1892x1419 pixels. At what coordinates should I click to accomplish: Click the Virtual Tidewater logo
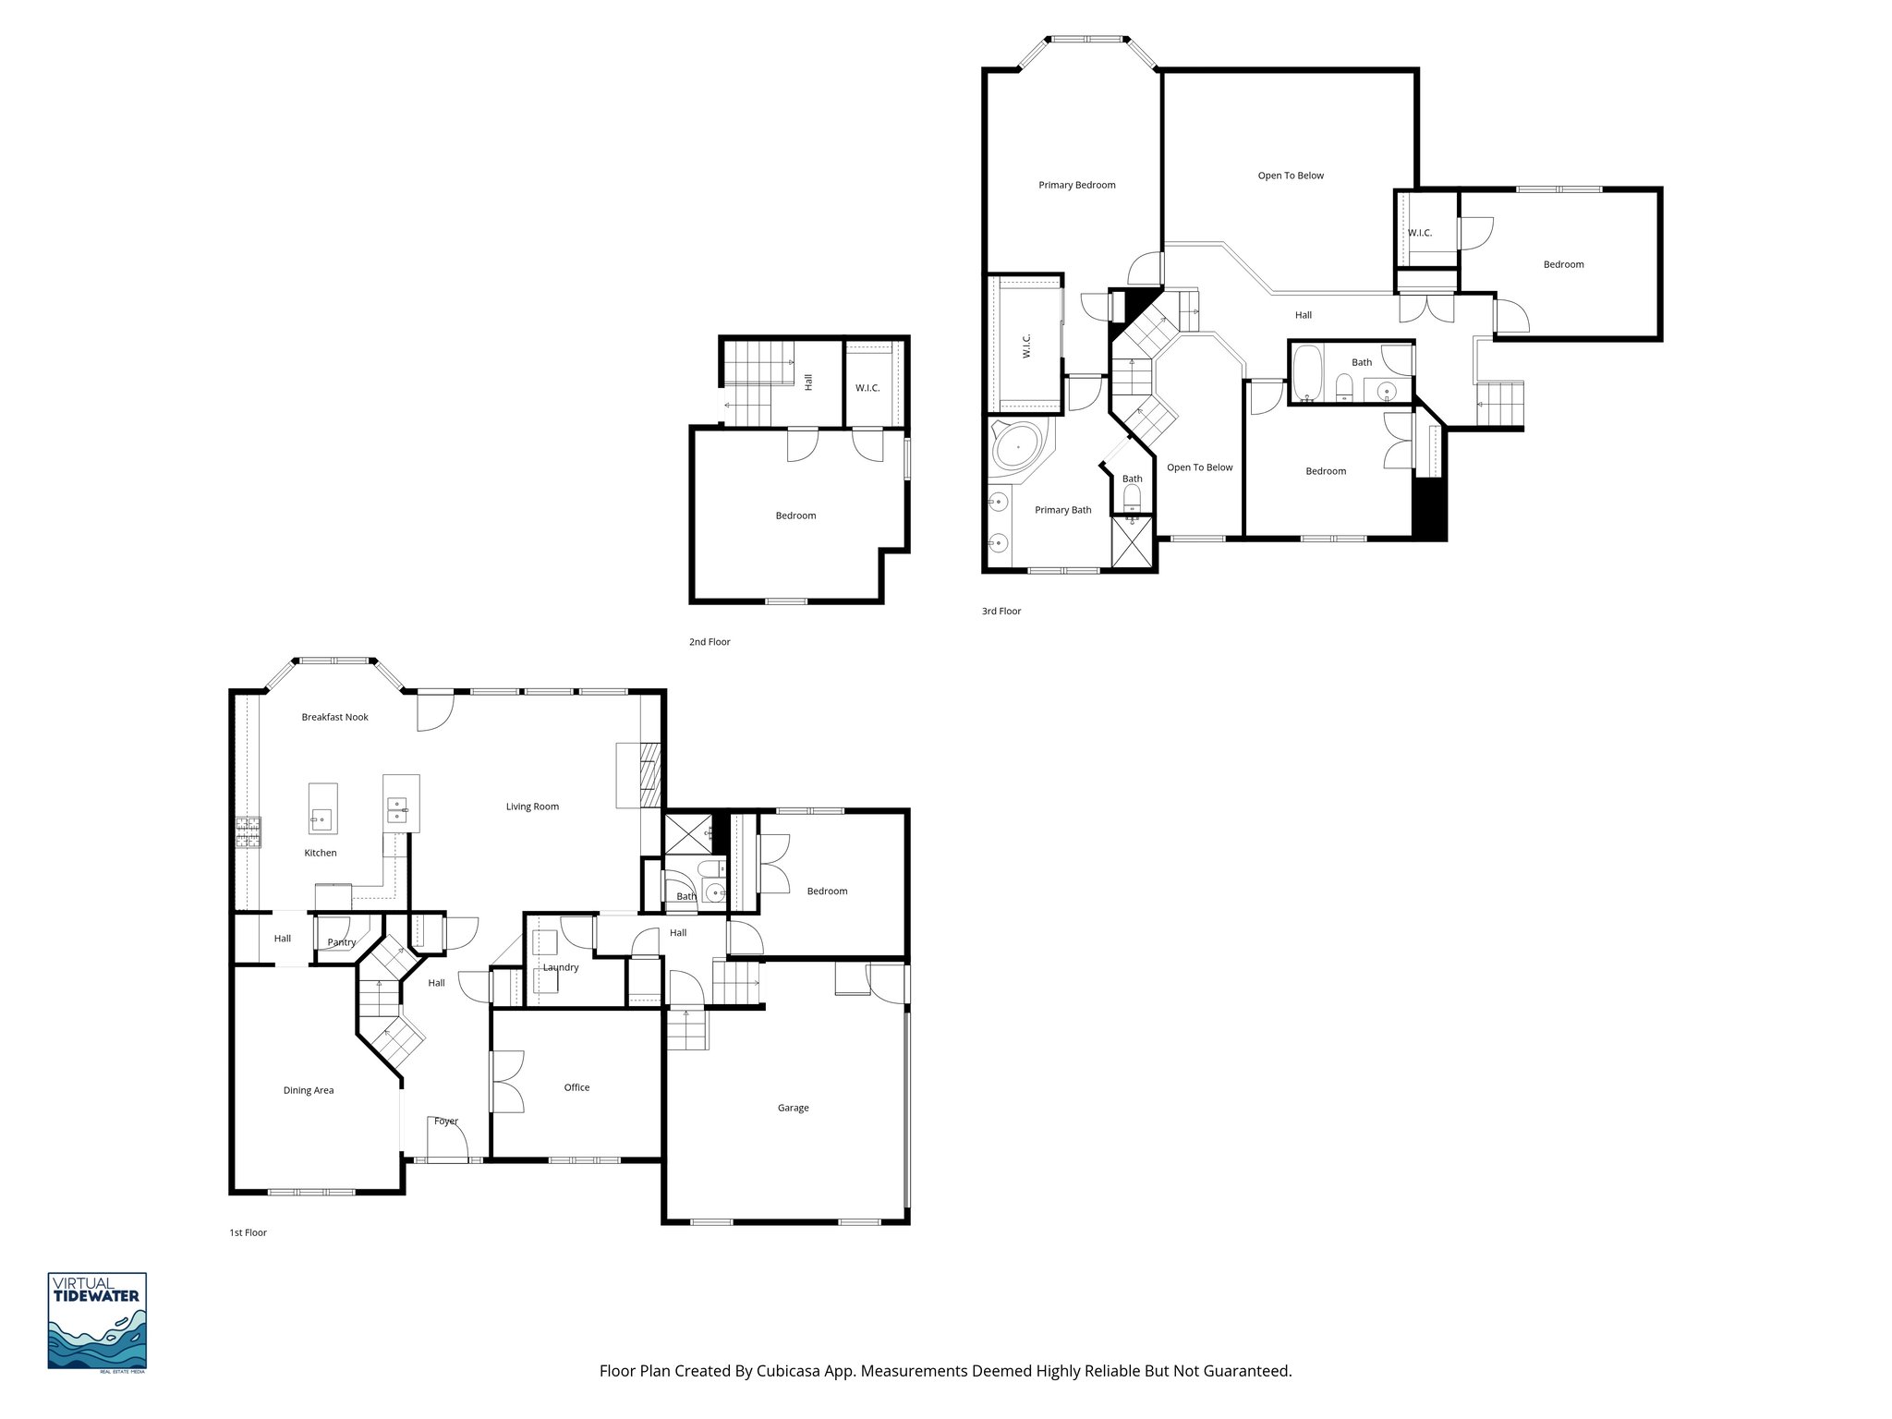[97, 1321]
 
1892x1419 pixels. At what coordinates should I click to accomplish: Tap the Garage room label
[793, 1108]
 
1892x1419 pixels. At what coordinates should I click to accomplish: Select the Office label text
[576, 1087]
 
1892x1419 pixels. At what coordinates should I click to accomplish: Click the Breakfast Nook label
[334, 717]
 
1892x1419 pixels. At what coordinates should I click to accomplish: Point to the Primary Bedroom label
[1076, 185]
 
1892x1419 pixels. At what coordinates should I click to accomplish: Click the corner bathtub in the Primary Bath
[1017, 448]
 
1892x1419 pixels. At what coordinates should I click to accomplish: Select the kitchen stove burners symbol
[249, 832]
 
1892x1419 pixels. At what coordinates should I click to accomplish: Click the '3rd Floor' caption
[1001, 611]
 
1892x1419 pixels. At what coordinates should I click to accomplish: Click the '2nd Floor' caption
[709, 641]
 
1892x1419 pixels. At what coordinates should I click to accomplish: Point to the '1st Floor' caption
[248, 1232]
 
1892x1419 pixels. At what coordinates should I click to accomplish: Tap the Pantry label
[341, 942]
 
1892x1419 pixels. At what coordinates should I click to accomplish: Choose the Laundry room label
[561, 967]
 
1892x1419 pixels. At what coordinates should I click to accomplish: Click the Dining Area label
[309, 1090]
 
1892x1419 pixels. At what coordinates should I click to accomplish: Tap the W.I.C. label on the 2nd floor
[867, 387]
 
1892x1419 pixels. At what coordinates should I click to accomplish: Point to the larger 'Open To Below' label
[1291, 176]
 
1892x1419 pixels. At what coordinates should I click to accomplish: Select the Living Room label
[532, 807]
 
